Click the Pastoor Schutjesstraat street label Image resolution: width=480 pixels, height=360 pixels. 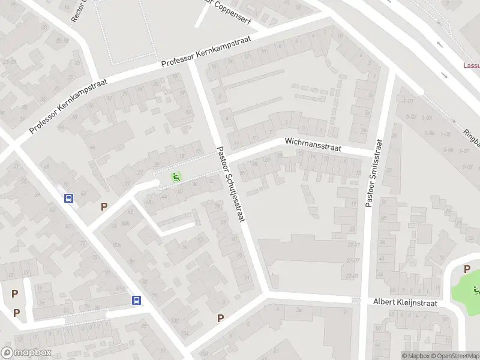(231, 185)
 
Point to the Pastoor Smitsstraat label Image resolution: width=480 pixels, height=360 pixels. (371, 173)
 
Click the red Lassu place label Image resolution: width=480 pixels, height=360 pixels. (472, 66)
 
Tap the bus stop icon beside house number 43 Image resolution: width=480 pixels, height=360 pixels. (69, 198)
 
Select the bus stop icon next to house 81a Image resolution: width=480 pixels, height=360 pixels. (137, 300)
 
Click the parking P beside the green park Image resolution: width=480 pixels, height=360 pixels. (104, 207)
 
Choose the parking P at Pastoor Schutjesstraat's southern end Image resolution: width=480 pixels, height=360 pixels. (220, 318)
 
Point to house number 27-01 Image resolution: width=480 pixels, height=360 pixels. (353, 276)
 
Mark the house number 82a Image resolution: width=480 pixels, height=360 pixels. (118, 245)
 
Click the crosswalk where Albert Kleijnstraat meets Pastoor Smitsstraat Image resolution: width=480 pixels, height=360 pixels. (356, 299)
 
